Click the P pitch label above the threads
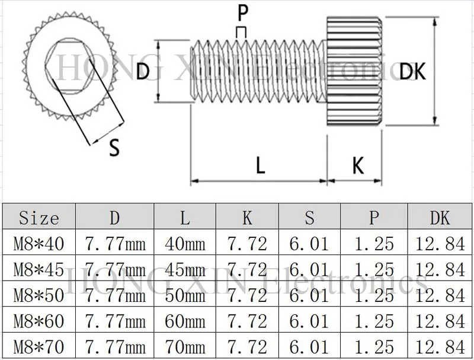click(x=243, y=13)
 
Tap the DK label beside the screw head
click(x=412, y=71)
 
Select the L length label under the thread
click(x=261, y=165)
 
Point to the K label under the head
click(x=358, y=165)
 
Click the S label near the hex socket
click(x=114, y=147)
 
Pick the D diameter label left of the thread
click(x=143, y=71)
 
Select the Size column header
click(x=39, y=218)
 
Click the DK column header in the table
click(x=440, y=218)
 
